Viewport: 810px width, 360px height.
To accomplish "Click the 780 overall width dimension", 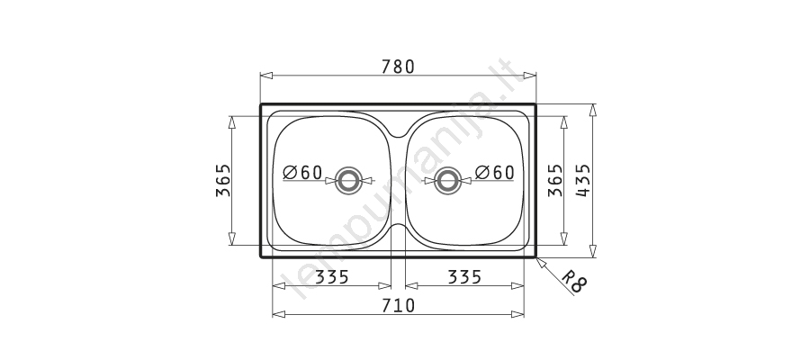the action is pyautogui.click(x=398, y=67).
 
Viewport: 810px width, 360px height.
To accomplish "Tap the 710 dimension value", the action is pyautogui.click(x=398, y=306).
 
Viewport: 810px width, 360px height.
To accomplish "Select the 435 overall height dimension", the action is pyautogui.click(x=582, y=180).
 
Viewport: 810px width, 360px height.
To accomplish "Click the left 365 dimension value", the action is pyautogui.click(x=223, y=180).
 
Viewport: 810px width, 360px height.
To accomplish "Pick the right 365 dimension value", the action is pyautogui.click(x=554, y=180).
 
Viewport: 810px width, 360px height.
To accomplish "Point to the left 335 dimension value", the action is pyautogui.click(x=332, y=277).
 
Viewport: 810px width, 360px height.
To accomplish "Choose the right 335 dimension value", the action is pyautogui.click(x=464, y=277).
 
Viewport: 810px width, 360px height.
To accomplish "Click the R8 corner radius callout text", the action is pyautogui.click(x=574, y=282).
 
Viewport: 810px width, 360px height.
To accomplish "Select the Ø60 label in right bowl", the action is pyautogui.click(x=494, y=173).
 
